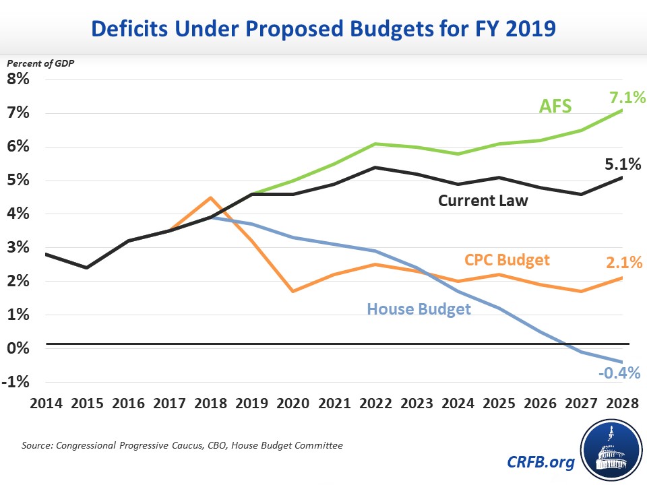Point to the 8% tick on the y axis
pos(18,79)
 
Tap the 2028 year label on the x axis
pos(619,403)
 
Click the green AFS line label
pos(555,106)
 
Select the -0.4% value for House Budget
pos(617,373)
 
